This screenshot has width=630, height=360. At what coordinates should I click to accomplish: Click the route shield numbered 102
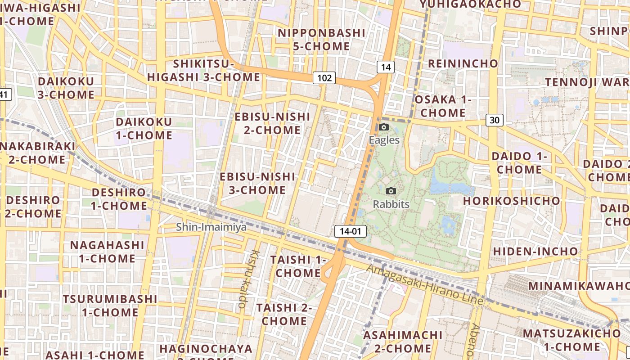(324, 78)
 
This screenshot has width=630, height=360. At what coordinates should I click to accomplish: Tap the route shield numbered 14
(386, 67)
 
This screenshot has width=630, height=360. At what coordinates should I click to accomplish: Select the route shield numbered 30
(495, 120)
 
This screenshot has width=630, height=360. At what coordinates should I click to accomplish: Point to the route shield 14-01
(351, 232)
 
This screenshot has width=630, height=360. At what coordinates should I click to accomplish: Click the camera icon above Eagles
(384, 127)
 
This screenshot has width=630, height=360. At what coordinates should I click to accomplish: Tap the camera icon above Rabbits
(391, 191)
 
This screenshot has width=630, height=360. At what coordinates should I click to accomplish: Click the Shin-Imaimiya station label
(211, 227)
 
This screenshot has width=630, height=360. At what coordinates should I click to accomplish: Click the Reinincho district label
(463, 63)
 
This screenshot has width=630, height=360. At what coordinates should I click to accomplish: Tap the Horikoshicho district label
(512, 201)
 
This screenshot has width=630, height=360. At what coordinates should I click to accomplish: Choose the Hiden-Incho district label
(535, 251)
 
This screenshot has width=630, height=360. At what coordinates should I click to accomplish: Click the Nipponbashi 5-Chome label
(321, 40)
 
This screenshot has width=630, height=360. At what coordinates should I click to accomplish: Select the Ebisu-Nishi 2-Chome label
(272, 123)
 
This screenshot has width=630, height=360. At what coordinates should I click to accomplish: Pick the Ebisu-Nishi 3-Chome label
(257, 183)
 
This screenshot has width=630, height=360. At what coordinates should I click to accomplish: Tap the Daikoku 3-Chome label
(66, 88)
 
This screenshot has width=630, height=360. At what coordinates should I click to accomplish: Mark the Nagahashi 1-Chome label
(107, 252)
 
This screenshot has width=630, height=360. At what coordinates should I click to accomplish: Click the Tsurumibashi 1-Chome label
(110, 306)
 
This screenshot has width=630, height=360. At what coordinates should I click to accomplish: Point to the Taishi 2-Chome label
(284, 314)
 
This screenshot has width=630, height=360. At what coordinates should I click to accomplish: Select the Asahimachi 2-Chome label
(403, 342)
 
